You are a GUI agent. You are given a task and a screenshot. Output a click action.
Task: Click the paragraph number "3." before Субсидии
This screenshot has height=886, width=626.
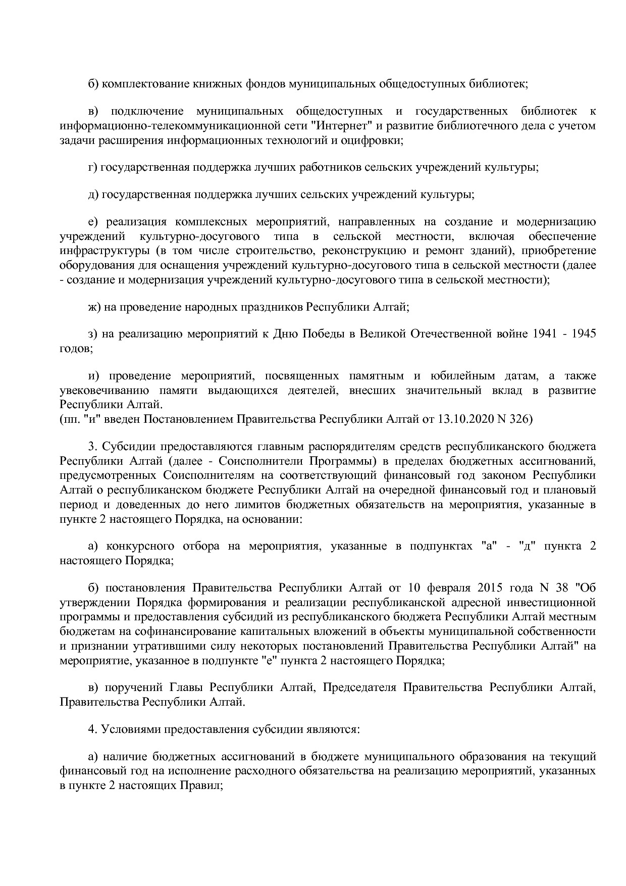[x=92, y=447]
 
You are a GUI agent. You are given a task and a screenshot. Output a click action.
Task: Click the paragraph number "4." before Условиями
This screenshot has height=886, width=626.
[x=92, y=729]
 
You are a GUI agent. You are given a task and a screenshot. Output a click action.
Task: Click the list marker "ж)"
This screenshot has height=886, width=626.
[x=94, y=307]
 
